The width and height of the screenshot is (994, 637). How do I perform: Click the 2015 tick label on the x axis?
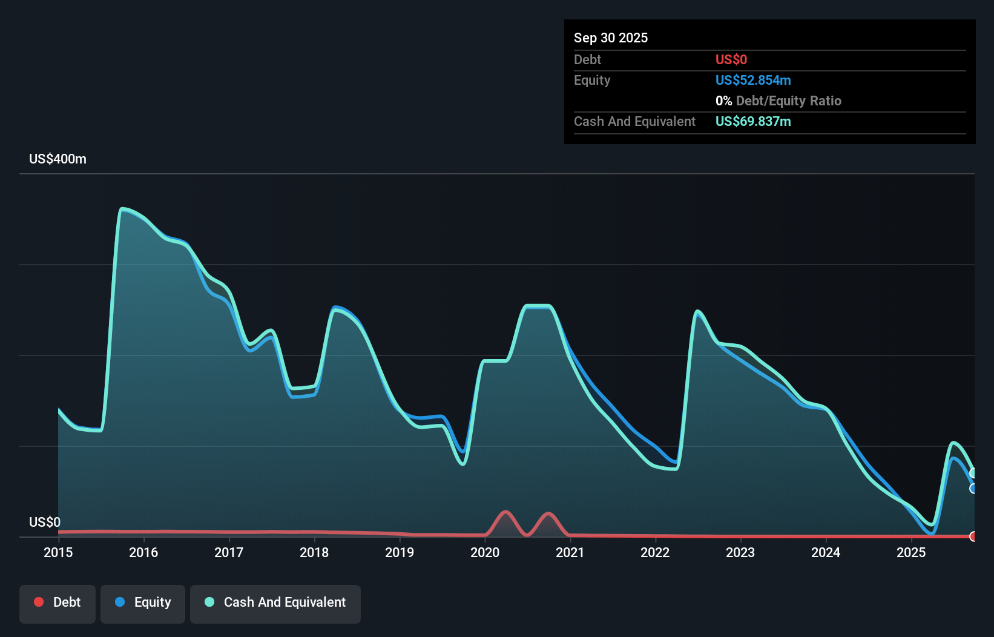coord(58,552)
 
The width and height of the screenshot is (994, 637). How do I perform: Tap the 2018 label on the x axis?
coord(314,552)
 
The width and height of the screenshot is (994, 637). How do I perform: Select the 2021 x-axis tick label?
coord(570,552)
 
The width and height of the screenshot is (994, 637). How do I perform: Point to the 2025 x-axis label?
coord(911,552)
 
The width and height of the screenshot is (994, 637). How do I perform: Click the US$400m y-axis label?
coord(58,159)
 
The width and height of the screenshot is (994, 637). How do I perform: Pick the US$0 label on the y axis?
coord(45,522)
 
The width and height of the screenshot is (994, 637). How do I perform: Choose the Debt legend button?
coord(58,602)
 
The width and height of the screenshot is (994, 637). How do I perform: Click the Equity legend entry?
coord(143,602)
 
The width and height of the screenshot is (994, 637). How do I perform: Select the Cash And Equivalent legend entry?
coord(275,602)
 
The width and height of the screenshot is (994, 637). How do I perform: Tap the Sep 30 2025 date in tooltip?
coord(610,38)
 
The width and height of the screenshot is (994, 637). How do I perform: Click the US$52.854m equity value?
coord(752,81)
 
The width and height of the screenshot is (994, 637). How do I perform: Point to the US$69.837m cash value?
coord(752,122)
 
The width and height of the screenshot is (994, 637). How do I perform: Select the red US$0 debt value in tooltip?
coord(731,60)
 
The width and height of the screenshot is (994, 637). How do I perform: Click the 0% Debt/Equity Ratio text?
coord(778,101)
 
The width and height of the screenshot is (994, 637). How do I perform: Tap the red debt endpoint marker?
coord(973,536)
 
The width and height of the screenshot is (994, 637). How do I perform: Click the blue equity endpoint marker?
coord(973,488)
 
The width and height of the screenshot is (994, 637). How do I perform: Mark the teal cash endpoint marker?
coord(973,473)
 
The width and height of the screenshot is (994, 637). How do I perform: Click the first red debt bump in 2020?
coord(505,513)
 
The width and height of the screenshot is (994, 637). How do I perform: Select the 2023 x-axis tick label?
coord(740,552)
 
